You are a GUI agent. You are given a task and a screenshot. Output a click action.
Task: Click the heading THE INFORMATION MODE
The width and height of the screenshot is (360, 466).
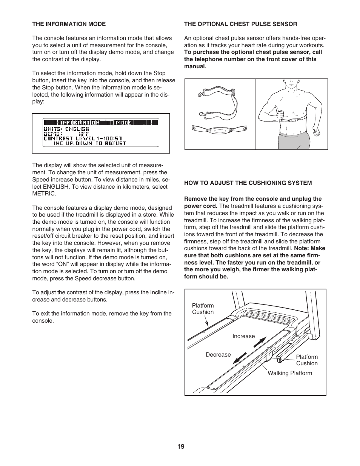(69, 24)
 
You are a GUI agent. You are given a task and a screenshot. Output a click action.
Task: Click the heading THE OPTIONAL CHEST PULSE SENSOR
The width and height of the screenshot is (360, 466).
(240, 24)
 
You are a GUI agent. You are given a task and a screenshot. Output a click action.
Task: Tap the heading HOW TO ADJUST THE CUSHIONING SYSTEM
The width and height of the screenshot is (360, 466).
(248, 183)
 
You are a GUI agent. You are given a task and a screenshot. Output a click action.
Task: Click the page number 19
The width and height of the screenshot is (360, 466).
(181, 446)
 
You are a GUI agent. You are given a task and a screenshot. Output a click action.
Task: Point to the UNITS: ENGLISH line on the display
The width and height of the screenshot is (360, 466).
(66, 129)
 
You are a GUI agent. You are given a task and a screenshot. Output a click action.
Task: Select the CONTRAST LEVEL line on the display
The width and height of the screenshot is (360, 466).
(85, 138)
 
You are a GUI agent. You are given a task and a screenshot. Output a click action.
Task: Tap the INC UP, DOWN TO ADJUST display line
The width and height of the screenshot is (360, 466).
(89, 143)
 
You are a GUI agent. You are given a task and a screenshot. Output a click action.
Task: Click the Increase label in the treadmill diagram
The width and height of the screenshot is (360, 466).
(243, 336)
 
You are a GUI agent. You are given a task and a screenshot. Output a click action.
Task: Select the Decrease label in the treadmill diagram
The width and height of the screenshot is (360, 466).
(218, 355)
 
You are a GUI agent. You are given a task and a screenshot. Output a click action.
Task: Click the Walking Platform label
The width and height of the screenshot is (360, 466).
(290, 373)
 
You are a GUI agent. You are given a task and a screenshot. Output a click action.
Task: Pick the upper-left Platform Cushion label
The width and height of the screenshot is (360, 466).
(203, 309)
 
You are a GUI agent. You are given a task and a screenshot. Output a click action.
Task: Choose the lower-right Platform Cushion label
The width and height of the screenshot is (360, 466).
(307, 360)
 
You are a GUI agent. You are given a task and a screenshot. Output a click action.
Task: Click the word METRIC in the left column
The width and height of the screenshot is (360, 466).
(44, 194)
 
